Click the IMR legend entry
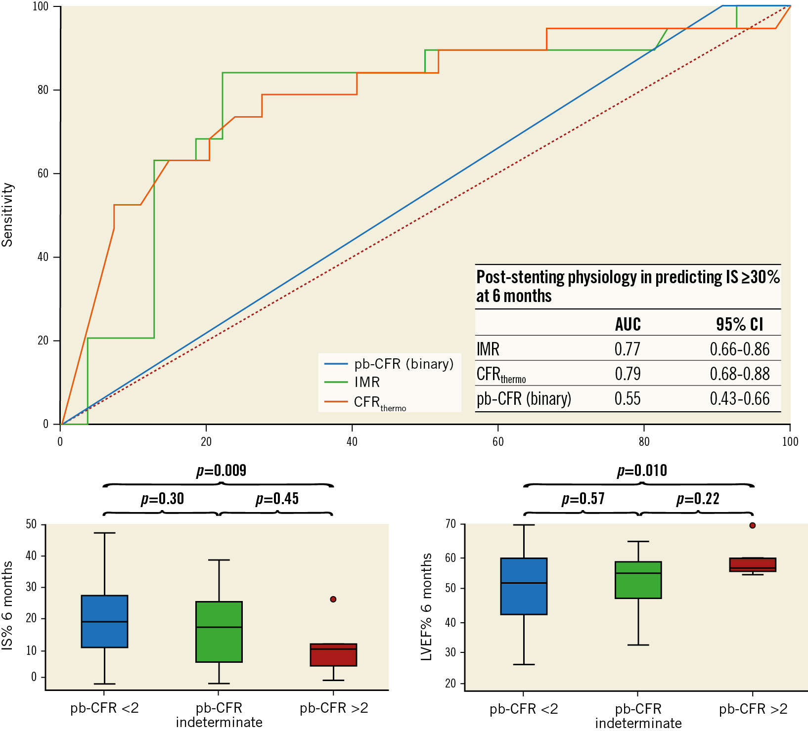point(367,382)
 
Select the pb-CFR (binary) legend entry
point(404,364)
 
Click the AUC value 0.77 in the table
point(627,349)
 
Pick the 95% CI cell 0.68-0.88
point(739,374)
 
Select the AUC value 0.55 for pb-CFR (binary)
point(627,398)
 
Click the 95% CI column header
point(739,324)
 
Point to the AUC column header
point(628,324)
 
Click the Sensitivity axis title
point(7,215)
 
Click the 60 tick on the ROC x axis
point(498,441)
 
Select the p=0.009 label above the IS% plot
point(221,471)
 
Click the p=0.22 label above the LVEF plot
point(697,499)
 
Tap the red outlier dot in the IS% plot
point(333,599)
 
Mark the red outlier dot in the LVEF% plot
point(752,525)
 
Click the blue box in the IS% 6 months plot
point(104,621)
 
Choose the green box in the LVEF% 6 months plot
point(638,580)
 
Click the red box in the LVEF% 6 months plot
point(752,564)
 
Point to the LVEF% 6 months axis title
point(426,606)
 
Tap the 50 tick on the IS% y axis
point(31,524)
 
